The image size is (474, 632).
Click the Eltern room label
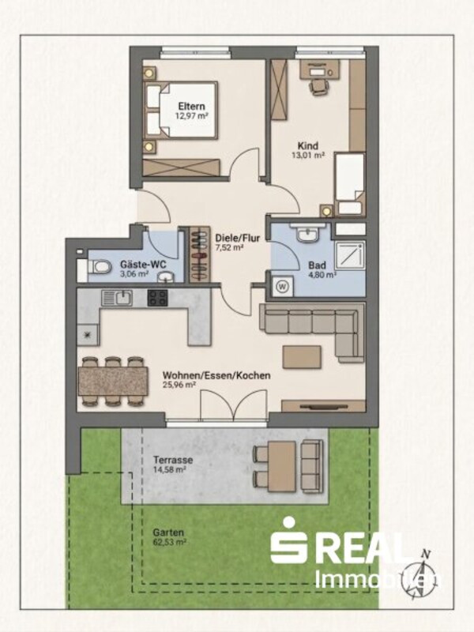tap(192, 107)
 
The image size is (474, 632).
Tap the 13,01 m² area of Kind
tap(308, 155)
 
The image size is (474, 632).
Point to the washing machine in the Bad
tap(283, 287)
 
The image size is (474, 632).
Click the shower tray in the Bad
tap(350, 254)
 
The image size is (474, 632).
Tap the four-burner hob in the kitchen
tap(157, 299)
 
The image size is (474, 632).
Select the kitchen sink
tap(116, 299)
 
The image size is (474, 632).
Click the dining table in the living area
tap(113, 381)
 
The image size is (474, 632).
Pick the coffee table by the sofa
tap(302, 357)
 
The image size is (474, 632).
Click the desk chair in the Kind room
tap(318, 86)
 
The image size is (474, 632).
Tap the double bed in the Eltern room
tap(182, 110)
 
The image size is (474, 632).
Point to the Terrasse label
tap(173, 460)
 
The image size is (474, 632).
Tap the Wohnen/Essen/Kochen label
tap(216, 375)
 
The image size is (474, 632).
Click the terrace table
tap(282, 466)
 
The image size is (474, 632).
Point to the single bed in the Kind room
tap(349, 183)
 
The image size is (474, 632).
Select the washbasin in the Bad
tap(308, 234)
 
